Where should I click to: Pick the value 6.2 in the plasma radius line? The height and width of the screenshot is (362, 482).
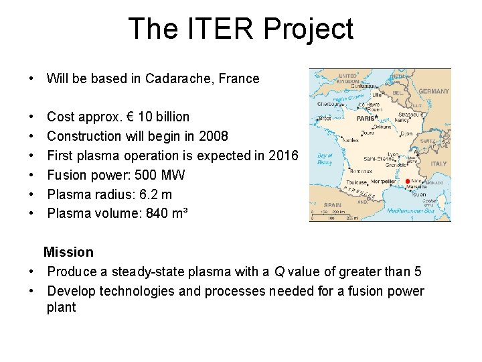pos(147,194)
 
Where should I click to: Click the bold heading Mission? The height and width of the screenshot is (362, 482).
pos(68,252)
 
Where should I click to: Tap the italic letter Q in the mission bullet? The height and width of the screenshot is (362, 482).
pos(278,271)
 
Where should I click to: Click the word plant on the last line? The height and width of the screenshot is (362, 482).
pos(61,307)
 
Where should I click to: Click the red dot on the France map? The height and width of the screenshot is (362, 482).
pos(408,182)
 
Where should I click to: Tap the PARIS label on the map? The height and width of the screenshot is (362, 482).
pos(366,119)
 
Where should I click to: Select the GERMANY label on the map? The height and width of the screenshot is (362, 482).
pos(434,91)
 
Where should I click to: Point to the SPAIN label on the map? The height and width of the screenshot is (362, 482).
pos(331,205)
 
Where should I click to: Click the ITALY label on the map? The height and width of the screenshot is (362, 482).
pos(438,164)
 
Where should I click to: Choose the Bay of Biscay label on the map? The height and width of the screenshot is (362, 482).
pos(325,158)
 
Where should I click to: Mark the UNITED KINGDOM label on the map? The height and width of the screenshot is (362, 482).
pos(348,79)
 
